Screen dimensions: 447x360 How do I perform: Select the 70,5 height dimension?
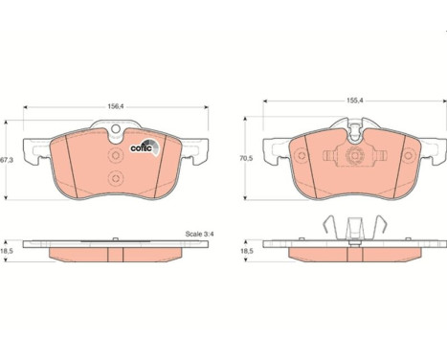246,158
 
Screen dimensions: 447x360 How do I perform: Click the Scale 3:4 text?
199,234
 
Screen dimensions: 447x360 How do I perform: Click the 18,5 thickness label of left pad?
6,251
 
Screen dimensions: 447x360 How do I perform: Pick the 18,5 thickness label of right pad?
247,251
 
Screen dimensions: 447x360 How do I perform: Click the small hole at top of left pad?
116,128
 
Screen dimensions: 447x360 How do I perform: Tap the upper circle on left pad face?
116,155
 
